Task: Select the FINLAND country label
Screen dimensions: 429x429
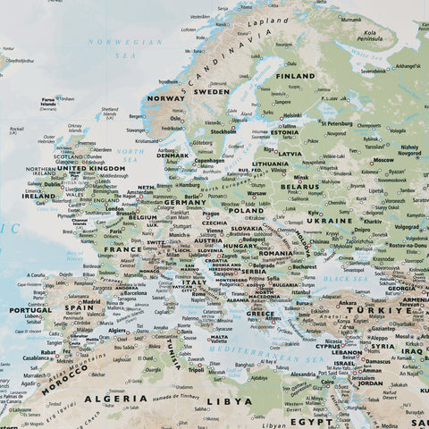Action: click(x=294, y=76)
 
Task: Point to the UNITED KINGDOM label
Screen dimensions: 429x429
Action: click(x=89, y=168)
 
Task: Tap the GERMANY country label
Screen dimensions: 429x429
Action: click(x=184, y=202)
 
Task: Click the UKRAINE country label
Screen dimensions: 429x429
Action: click(x=330, y=220)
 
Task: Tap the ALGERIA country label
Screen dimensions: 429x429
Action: click(x=115, y=398)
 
